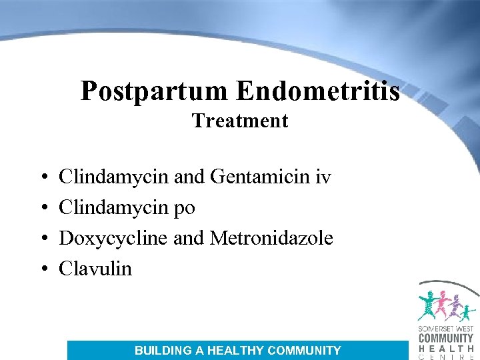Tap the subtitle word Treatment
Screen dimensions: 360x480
240,121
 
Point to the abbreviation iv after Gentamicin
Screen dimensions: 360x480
324,177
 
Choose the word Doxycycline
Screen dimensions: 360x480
113,238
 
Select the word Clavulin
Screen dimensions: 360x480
95,269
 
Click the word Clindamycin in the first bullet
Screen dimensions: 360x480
114,177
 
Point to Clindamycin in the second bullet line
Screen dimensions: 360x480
114,208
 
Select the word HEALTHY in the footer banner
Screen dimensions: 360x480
235,351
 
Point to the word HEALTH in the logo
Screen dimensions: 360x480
445,347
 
